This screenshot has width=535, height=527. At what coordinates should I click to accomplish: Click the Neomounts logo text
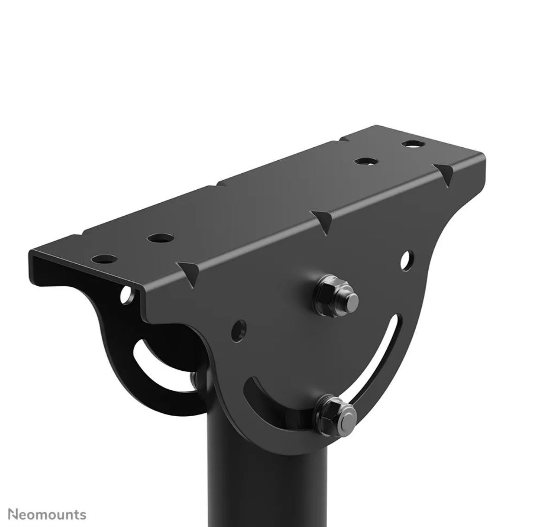pyautogui.click(x=48, y=515)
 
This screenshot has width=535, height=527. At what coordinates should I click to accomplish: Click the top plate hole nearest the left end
pyautogui.click(x=104, y=259)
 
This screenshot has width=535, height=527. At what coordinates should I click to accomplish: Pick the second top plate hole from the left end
pyautogui.click(x=160, y=238)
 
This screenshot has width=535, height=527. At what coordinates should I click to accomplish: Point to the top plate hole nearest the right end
pyautogui.click(x=413, y=144)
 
